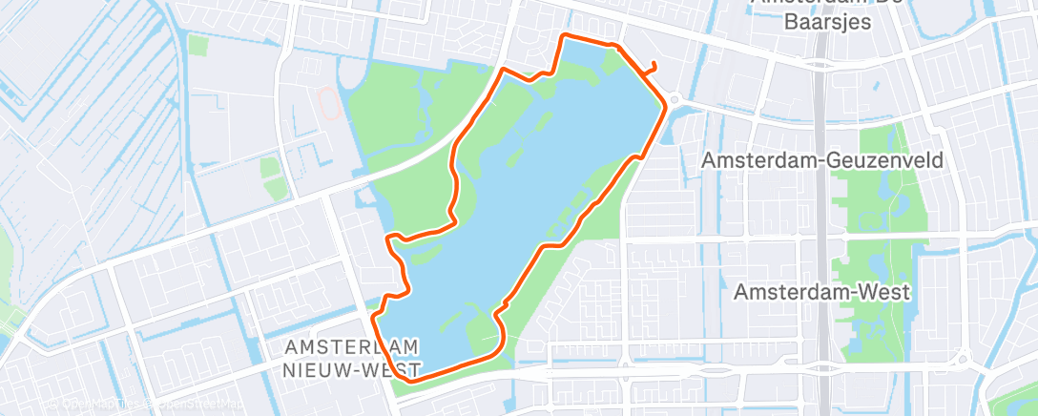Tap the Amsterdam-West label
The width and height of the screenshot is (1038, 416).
point(821,291)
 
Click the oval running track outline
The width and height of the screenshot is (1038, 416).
point(327,102)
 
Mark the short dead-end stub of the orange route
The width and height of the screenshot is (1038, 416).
point(653,66)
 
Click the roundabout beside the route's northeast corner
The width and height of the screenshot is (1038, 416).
point(675,99)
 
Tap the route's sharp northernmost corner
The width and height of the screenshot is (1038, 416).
point(564,36)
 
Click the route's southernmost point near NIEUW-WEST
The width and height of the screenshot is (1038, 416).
point(412,379)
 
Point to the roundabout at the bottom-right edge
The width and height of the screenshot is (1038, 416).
point(961,361)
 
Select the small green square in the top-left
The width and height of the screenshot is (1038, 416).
point(197,45)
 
